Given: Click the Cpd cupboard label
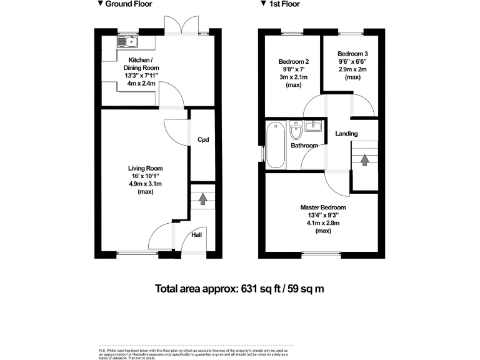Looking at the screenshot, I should [x=202, y=140].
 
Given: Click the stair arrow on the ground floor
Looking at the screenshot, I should [x=202, y=199].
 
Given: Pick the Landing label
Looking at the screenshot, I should [x=346, y=134].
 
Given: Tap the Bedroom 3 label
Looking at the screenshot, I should [x=352, y=54].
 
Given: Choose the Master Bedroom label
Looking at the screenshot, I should [x=323, y=207].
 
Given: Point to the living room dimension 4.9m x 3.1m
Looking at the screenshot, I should [x=146, y=184].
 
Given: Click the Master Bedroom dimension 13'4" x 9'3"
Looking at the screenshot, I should [x=323, y=216].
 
